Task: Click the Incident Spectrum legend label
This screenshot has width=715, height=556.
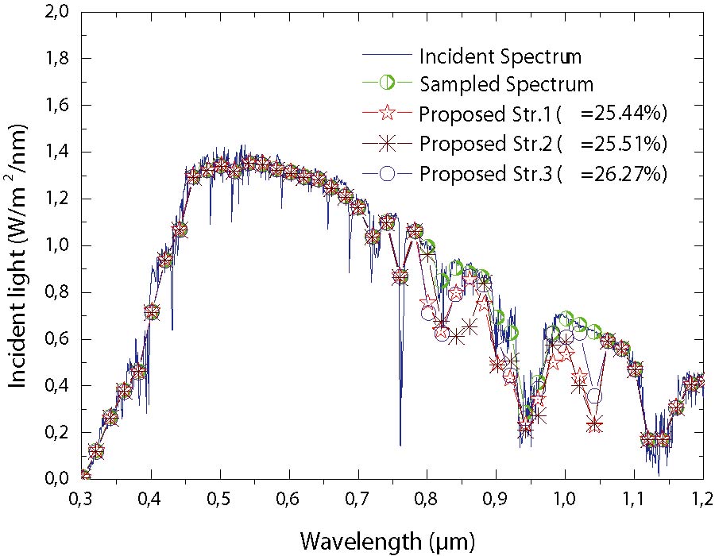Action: pos(500,57)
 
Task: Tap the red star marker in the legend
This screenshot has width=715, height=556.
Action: pos(387,113)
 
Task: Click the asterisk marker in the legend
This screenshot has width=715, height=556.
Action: pos(387,145)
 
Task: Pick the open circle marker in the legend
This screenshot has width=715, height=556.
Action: pos(387,173)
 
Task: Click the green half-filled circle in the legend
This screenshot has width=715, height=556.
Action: pos(387,83)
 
